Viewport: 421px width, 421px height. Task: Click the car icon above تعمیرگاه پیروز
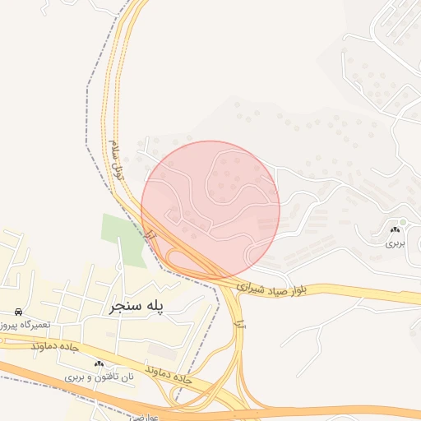point(18,312)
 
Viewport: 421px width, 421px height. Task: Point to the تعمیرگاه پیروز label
point(25,325)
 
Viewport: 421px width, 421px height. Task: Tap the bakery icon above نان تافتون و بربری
point(99,363)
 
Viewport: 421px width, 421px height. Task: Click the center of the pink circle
point(210,210)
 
